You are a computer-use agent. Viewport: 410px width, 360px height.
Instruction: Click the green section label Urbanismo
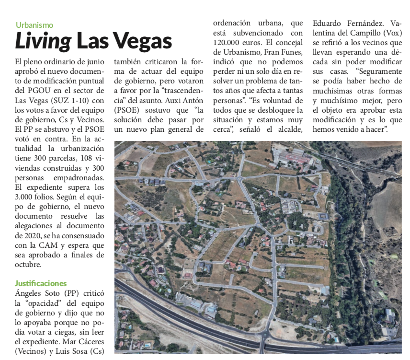[34, 25]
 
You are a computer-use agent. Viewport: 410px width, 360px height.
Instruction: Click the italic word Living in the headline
[44, 42]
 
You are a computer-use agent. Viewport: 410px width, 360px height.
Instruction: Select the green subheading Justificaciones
[41, 283]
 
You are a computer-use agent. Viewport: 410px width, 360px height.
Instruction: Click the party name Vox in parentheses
[389, 33]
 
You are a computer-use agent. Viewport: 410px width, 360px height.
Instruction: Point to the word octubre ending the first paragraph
[28, 264]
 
